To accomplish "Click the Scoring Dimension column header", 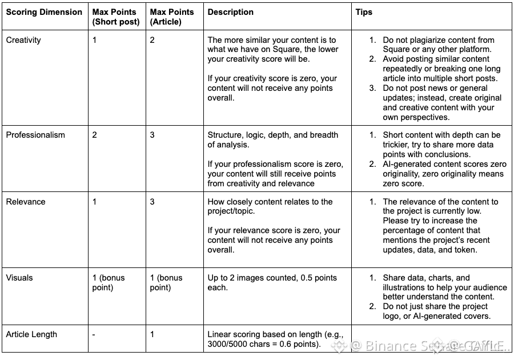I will click(x=44, y=12).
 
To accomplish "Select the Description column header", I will click(x=231, y=12).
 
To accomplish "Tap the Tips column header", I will click(x=364, y=12).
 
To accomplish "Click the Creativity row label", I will click(x=23, y=40).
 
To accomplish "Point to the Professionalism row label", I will click(x=35, y=135).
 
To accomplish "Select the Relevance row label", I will click(x=26, y=202).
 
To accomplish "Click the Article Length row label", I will click(x=31, y=334).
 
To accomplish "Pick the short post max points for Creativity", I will click(x=95, y=40).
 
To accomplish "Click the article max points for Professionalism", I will click(x=152, y=135).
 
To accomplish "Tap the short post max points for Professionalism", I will click(x=95, y=135).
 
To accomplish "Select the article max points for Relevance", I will click(x=152, y=202).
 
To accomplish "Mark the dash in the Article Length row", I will click(x=94, y=334).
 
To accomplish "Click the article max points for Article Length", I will click(x=152, y=334).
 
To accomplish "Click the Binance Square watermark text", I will click(x=400, y=346).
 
